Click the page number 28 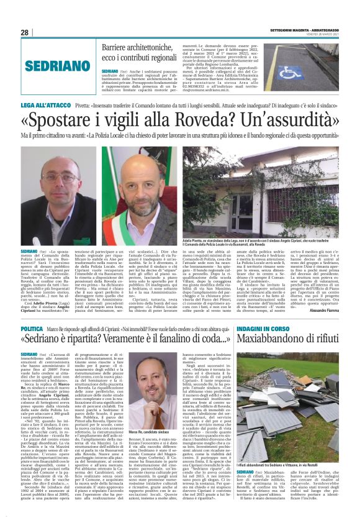point(25,32)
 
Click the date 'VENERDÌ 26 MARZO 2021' point(324,34)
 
